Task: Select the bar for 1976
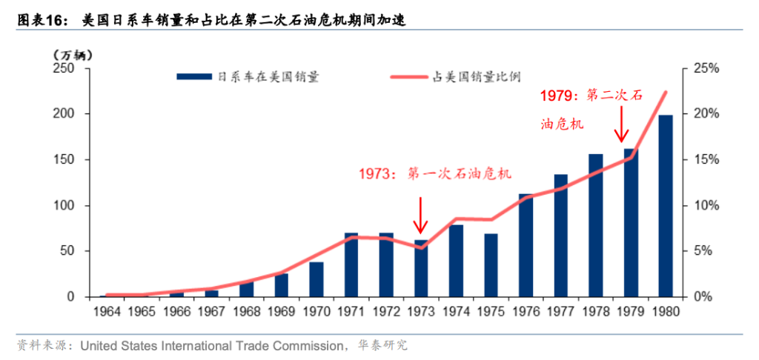click(x=526, y=245)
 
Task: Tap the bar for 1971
click(x=351, y=264)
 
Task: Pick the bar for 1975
click(x=491, y=265)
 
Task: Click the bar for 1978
click(x=596, y=225)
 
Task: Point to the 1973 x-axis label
click(x=421, y=312)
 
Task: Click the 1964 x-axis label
click(x=107, y=312)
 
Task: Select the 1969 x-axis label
click(x=282, y=312)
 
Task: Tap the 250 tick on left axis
click(x=64, y=68)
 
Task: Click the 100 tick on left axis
click(x=64, y=205)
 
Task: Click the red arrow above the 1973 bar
click(x=421, y=216)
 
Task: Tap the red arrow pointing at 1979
click(x=623, y=123)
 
